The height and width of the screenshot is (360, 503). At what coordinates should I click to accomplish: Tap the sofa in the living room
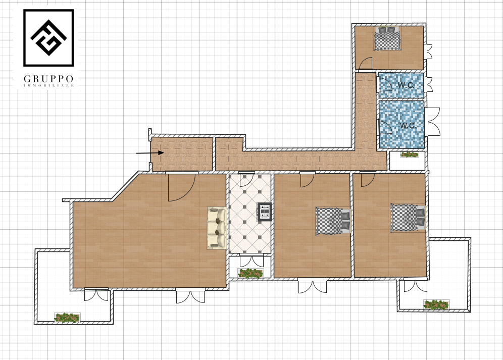[x=217, y=228]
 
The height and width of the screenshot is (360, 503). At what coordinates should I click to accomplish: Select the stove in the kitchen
[x=265, y=212]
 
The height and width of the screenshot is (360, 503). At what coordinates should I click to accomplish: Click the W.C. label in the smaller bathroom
[x=406, y=85]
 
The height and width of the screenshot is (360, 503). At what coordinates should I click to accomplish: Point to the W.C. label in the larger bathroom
[x=408, y=125]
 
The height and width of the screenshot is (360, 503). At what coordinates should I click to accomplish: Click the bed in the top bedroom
[x=388, y=38]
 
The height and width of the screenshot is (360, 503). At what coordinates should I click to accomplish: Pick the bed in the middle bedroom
[x=333, y=221]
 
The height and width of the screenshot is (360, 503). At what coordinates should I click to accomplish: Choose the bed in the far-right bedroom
[x=408, y=218]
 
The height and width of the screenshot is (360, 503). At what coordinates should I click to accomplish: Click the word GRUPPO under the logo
[x=49, y=79]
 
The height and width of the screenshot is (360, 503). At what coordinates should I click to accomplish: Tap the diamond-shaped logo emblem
[x=48, y=37]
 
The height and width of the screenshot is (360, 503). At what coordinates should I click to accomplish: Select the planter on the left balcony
[x=67, y=318]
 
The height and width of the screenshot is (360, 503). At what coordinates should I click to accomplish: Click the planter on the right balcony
[x=436, y=305]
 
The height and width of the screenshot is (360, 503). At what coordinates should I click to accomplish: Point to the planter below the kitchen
[x=250, y=273]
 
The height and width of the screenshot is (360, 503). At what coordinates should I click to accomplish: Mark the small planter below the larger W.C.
[x=410, y=155]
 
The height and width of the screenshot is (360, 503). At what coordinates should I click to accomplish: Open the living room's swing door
[x=182, y=187]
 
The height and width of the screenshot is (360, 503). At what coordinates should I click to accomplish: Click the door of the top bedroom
[x=365, y=64]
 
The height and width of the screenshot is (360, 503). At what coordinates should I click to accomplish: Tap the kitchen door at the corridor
[x=247, y=180]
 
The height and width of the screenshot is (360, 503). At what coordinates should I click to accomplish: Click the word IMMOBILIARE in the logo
[x=49, y=86]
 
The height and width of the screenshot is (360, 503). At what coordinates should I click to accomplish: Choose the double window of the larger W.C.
[x=433, y=122]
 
